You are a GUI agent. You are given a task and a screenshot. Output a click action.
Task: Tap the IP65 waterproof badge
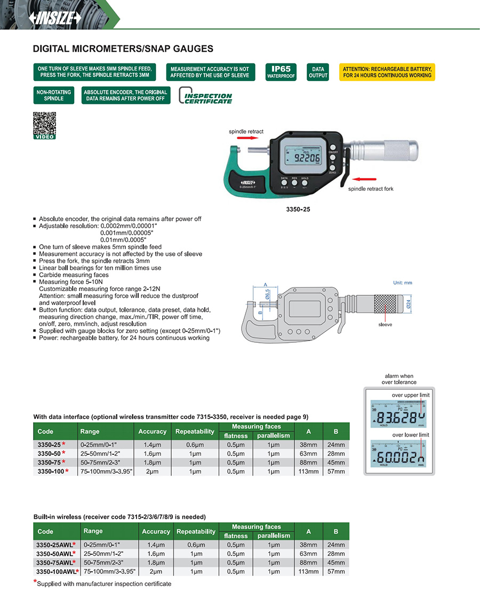pyautogui.click(x=281, y=72)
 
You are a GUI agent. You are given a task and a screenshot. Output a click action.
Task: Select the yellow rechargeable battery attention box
pyautogui.click(x=387, y=72)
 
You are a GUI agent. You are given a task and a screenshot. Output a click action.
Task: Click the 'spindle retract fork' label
pyautogui.click(x=371, y=189)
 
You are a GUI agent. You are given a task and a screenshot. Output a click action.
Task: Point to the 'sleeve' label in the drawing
pyautogui.click(x=385, y=324)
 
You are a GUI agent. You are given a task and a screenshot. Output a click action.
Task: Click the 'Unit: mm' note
pyautogui.click(x=403, y=283)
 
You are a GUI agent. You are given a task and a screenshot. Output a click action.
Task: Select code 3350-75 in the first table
pyautogui.click(x=52, y=462)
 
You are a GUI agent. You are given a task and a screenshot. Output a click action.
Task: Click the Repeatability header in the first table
pyautogui.click(x=195, y=431)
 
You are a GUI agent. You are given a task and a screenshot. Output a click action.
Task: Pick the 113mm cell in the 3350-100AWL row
pyautogui.click(x=308, y=571)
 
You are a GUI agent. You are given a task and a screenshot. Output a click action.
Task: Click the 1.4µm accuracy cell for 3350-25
pyautogui.click(x=153, y=444)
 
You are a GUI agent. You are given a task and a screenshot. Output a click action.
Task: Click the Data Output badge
pyautogui.click(x=318, y=72)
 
